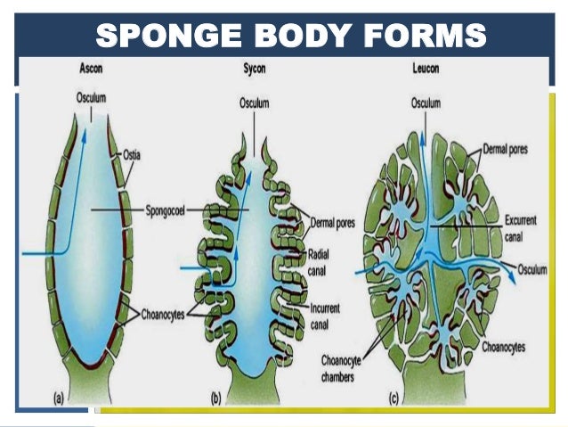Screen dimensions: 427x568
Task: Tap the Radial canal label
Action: [x=319, y=260]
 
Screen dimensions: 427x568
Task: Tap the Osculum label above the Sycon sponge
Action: [x=255, y=104]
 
